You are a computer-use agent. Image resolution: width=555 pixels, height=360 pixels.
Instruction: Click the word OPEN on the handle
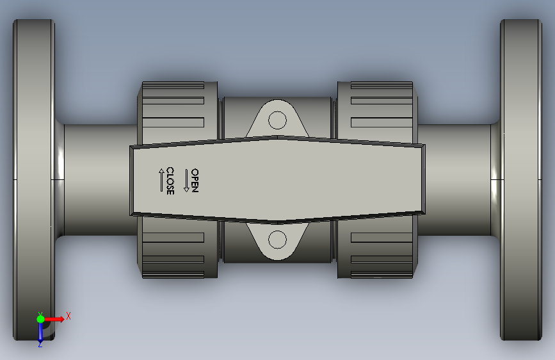point(195,181)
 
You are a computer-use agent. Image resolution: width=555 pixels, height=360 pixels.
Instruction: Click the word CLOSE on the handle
point(170,181)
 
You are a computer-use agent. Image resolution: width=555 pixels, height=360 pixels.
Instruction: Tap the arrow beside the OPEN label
point(186,181)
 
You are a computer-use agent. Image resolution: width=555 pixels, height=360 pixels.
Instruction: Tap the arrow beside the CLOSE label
point(161,180)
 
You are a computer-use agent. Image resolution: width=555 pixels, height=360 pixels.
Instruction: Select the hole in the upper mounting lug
point(277,120)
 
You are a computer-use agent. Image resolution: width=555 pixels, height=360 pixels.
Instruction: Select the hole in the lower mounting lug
point(277,240)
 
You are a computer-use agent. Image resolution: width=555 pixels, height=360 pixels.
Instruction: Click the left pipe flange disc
point(34,180)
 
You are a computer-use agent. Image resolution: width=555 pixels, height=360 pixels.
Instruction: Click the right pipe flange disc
point(520,180)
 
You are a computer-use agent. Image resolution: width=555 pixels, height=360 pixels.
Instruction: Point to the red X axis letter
point(68,316)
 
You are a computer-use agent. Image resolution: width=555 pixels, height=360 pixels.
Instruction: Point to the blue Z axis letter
point(40,345)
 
